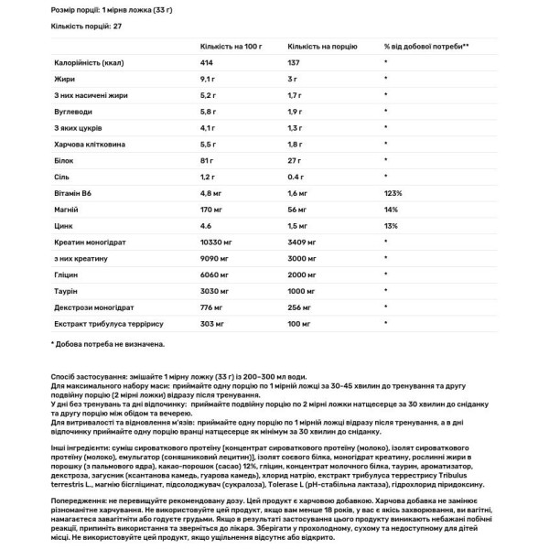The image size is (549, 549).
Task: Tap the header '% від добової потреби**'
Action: pyautogui.click(x=426, y=46)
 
